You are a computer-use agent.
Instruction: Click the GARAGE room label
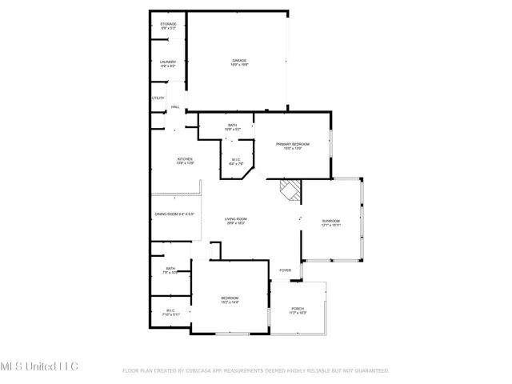(x=239, y=61)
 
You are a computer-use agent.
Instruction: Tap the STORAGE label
(x=168, y=25)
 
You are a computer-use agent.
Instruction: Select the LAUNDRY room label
(x=168, y=62)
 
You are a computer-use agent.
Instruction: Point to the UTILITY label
(x=158, y=98)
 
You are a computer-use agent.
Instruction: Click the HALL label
(x=174, y=107)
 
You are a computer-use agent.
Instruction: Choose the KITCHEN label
(x=185, y=160)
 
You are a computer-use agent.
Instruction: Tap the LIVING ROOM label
(x=235, y=220)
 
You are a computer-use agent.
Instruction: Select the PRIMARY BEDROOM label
(x=293, y=144)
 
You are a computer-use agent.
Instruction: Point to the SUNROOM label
(x=331, y=221)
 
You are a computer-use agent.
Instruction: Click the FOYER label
(x=285, y=271)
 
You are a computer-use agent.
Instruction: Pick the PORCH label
(x=298, y=310)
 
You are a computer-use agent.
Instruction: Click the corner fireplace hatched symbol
(x=290, y=190)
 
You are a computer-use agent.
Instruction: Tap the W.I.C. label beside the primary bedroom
(x=237, y=160)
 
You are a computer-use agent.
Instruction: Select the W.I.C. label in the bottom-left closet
(x=170, y=310)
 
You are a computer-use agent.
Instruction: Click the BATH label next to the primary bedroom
(x=232, y=126)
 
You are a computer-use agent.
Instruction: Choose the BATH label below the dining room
(x=170, y=269)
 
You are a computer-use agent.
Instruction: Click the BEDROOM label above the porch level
(x=230, y=298)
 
